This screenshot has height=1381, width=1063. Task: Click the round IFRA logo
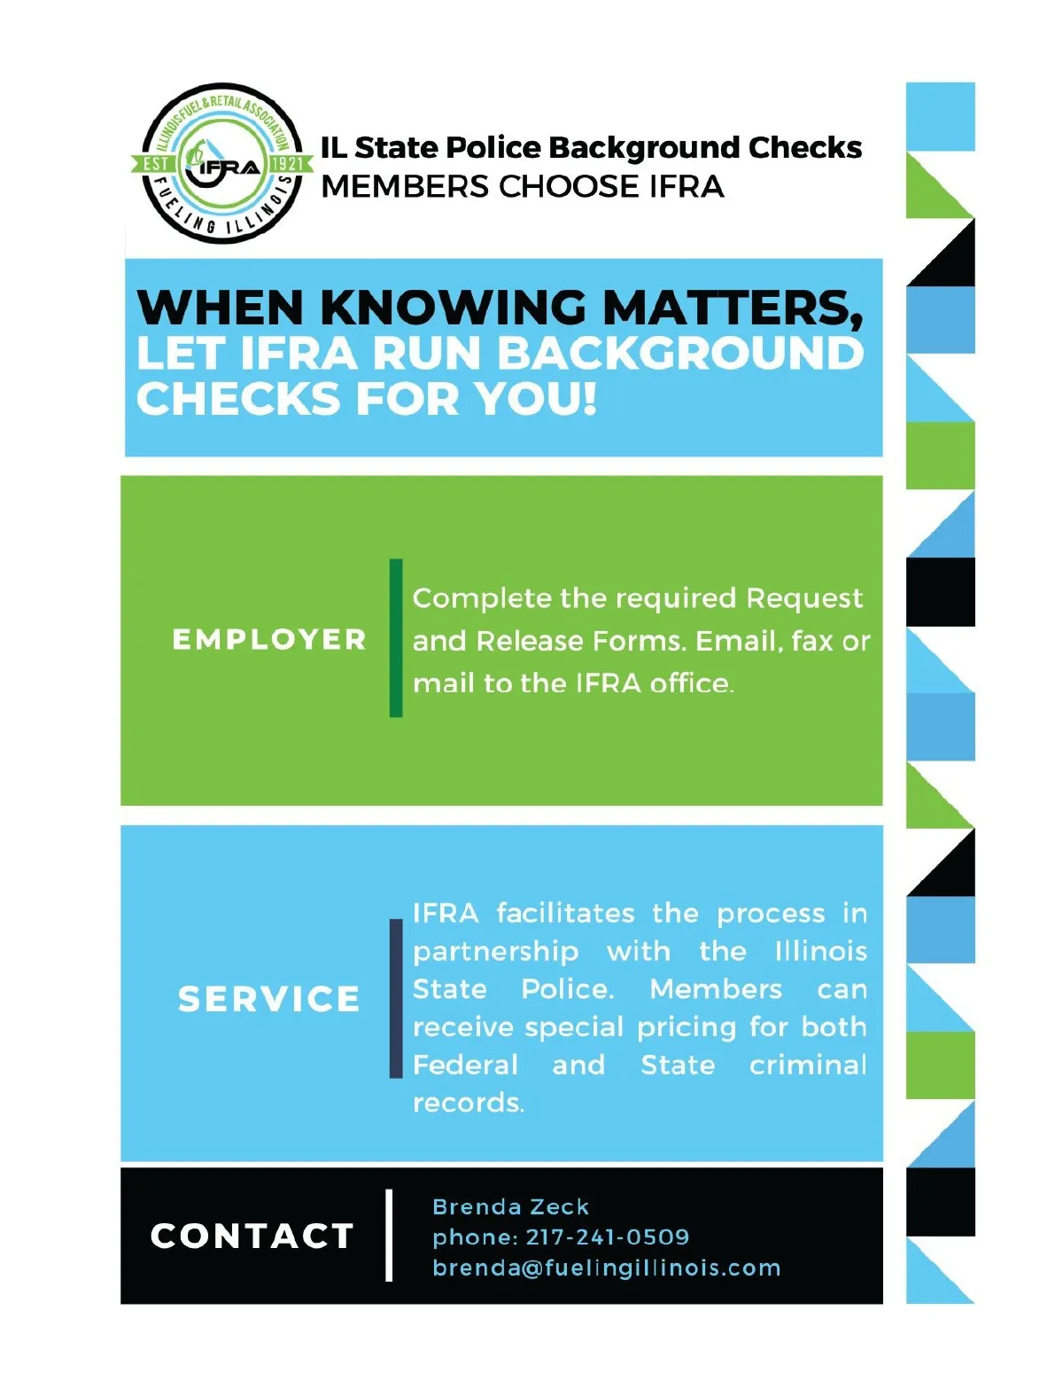[x=221, y=164]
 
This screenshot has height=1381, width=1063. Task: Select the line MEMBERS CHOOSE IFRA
[x=523, y=187]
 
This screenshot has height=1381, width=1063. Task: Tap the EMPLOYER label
[x=269, y=639]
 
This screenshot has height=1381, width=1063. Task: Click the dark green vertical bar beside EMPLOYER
[x=396, y=637]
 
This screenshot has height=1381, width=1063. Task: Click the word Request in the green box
[x=804, y=598]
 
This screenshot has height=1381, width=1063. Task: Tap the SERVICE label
[x=269, y=999]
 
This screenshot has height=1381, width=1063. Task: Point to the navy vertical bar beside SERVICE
[x=396, y=998]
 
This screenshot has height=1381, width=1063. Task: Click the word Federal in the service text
[x=465, y=1065]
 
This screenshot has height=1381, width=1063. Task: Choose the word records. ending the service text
[x=469, y=1103]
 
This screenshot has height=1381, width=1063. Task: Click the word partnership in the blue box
[x=495, y=952]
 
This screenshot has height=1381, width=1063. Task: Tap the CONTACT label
[x=252, y=1236]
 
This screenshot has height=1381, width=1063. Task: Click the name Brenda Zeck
[x=510, y=1206]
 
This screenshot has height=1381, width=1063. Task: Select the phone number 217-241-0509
[x=607, y=1237]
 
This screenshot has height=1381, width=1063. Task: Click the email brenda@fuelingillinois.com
[x=606, y=1268]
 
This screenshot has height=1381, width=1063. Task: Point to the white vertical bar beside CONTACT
[x=389, y=1235]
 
